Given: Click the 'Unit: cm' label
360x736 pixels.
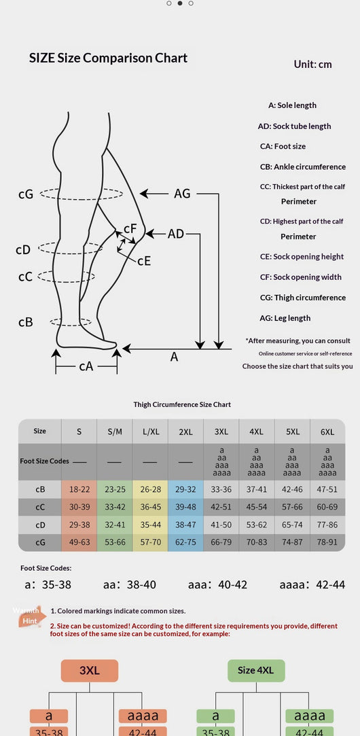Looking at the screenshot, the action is point(312,65).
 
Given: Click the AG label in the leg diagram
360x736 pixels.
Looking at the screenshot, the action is point(182,193).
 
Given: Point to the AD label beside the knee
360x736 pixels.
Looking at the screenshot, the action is point(175,233).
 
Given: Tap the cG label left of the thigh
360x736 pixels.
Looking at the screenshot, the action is point(26,194).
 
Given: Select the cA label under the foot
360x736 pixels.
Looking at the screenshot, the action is point(86,366).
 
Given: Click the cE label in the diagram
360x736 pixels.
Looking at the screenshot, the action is point(144,260).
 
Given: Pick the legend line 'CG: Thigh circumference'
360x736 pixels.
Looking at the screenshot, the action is point(303,298).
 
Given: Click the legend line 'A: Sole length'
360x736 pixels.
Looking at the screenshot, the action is point(292,105).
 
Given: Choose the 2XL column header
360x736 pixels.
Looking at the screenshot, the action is point(186,432).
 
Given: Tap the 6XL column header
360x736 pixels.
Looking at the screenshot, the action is point(327,432).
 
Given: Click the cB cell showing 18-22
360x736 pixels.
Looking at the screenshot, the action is point(79,489).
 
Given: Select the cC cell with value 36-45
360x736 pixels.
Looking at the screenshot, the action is point(150,507).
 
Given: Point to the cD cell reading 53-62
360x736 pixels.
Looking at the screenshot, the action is point(256,525).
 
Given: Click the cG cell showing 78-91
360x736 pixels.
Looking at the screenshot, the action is point(327,542).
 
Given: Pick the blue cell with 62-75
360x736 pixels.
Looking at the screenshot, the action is point(186,542).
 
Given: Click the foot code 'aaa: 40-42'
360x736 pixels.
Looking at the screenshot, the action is point(217,584).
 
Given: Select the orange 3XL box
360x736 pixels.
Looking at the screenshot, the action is point(90,670).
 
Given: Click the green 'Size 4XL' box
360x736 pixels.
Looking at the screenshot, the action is point(256,670).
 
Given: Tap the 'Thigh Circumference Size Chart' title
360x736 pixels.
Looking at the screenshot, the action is point(182,404).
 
